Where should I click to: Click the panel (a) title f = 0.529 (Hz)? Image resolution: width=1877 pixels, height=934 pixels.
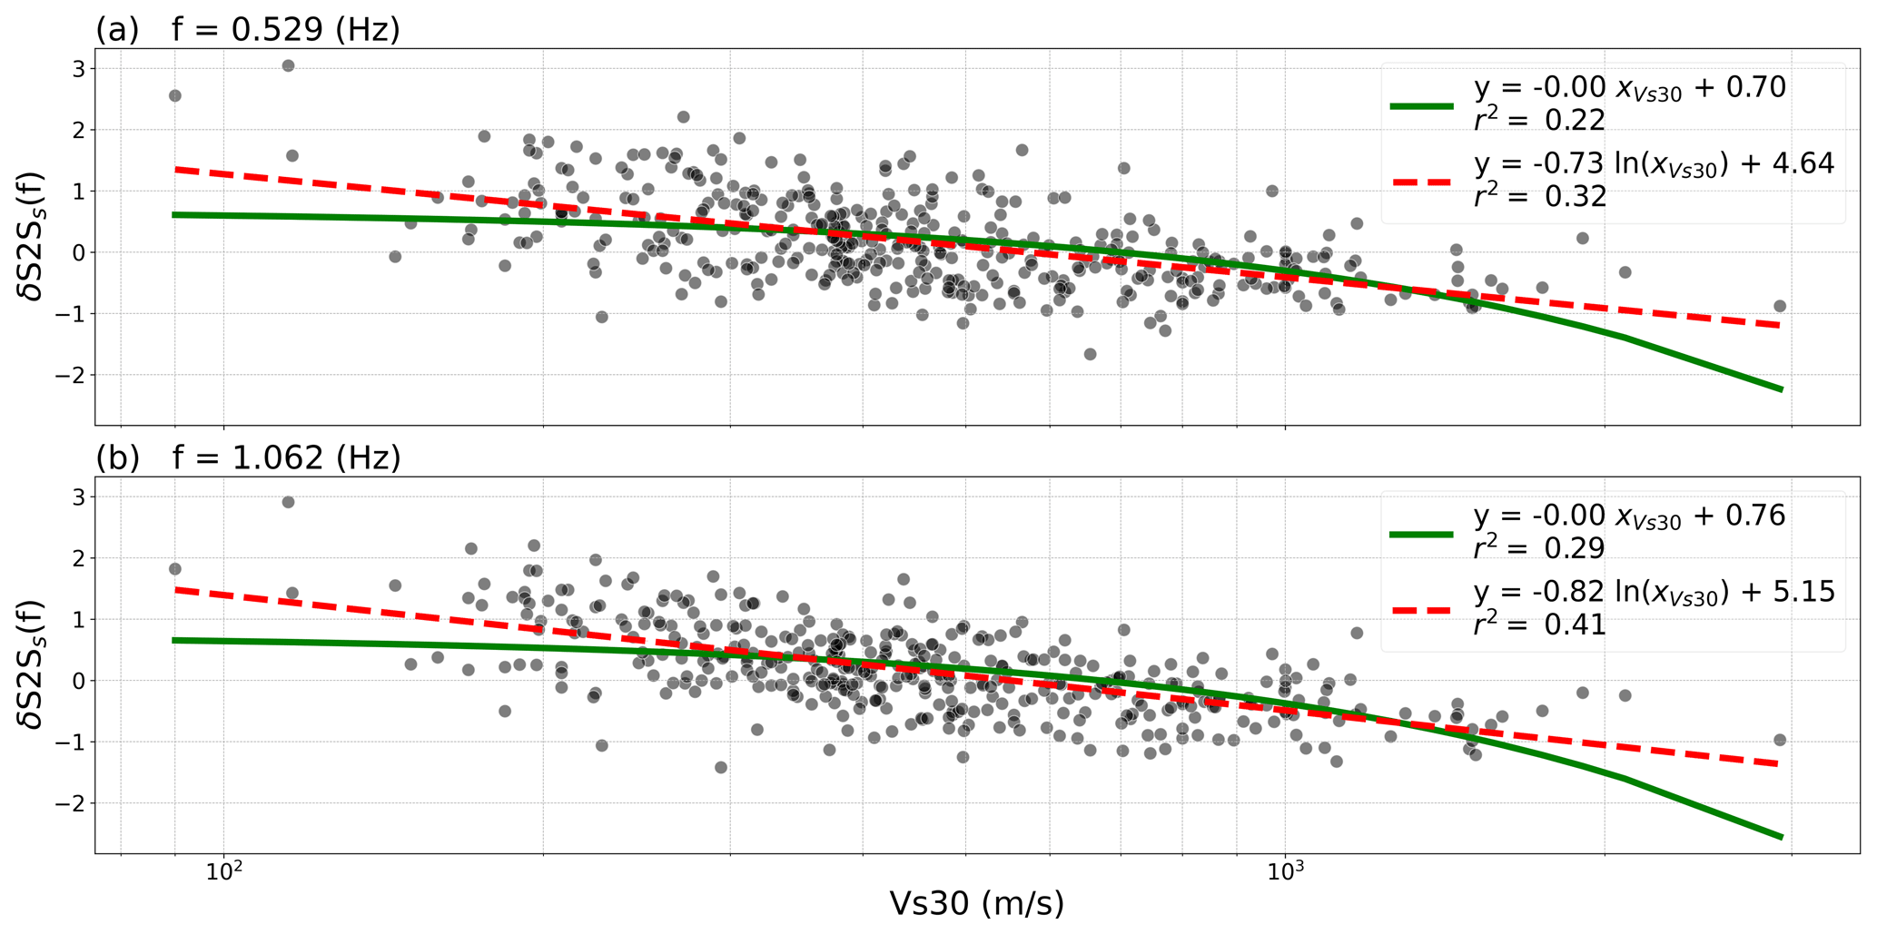coord(286,31)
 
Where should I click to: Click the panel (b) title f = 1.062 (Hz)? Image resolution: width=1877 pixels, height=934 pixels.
coord(286,458)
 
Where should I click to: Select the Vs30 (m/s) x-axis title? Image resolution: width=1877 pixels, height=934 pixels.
coord(976,904)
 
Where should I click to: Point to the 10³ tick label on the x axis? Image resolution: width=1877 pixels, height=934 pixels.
coord(1285,874)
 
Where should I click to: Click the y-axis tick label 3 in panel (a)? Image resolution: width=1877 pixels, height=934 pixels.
coord(79,69)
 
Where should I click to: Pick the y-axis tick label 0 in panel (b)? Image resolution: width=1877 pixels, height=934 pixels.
coord(79,681)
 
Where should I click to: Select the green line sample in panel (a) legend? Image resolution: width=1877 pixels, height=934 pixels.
coord(1422,106)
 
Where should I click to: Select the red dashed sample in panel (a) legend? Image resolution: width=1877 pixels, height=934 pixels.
coord(1422,182)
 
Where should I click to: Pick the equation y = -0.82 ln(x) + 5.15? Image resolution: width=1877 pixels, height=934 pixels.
coord(1654,593)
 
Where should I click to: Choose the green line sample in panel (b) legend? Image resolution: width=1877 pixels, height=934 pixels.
coord(1422,535)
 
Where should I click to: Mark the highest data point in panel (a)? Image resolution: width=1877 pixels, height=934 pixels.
coord(288,65)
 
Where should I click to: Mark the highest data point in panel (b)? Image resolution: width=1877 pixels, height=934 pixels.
coord(288,502)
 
